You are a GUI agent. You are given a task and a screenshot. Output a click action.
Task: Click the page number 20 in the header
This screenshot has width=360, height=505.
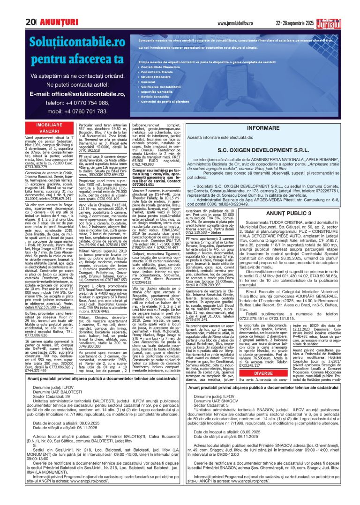[x=31, y=22]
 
